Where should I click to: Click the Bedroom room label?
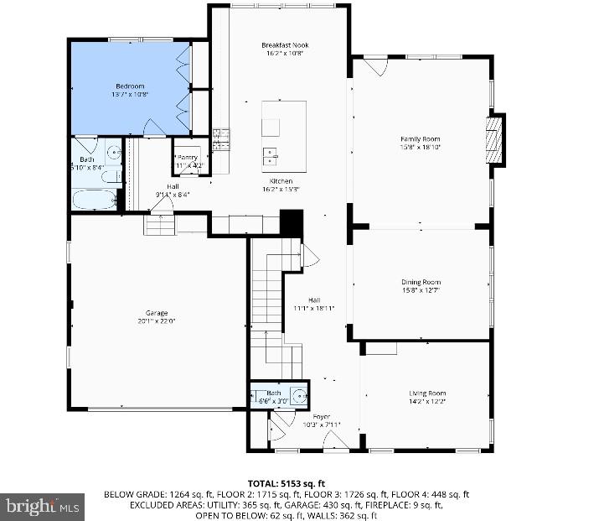tap(130, 86)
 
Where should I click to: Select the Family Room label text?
tap(420, 139)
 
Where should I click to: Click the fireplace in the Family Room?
tap(496, 138)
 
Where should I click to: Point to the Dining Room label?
tap(420, 283)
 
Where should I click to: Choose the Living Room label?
tap(426, 393)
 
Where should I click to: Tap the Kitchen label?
tap(280, 181)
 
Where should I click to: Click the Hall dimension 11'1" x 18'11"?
tap(314, 308)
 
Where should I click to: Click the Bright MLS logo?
tap(43, 506)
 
